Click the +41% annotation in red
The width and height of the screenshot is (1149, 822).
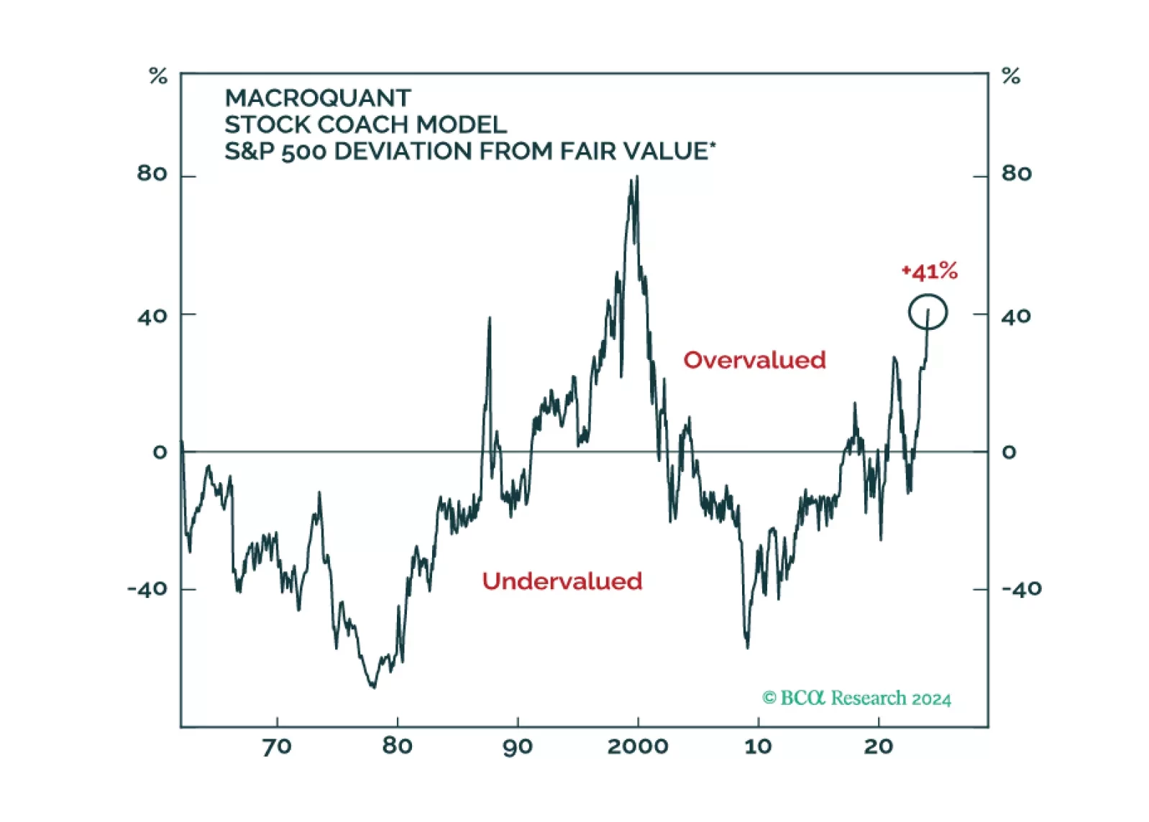point(929,272)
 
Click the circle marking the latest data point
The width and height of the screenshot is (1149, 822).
point(928,313)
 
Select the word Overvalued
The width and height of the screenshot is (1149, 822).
point(754,360)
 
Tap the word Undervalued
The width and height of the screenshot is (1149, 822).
point(562,581)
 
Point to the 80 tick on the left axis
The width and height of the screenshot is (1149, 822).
point(152,174)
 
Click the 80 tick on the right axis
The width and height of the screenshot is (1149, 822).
point(1016,174)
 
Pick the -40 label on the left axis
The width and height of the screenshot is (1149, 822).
point(147,590)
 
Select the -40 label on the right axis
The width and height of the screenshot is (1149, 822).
point(1021,589)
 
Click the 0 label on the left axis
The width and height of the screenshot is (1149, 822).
point(160,453)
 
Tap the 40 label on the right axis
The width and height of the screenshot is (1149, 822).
point(1016,316)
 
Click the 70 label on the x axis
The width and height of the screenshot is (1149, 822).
point(277,747)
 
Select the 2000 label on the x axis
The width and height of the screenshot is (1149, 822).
point(638,747)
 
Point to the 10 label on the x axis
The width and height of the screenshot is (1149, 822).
point(758,747)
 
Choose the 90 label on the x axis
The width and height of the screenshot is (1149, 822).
point(518,747)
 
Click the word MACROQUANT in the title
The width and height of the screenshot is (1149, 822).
point(318,98)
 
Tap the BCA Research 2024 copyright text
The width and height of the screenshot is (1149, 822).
point(856,698)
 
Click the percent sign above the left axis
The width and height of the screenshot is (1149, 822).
point(158,76)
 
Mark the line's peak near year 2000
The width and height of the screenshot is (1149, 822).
point(636,178)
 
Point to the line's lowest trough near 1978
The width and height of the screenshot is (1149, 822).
point(373,687)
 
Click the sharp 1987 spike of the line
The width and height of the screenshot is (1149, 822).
point(490,318)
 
